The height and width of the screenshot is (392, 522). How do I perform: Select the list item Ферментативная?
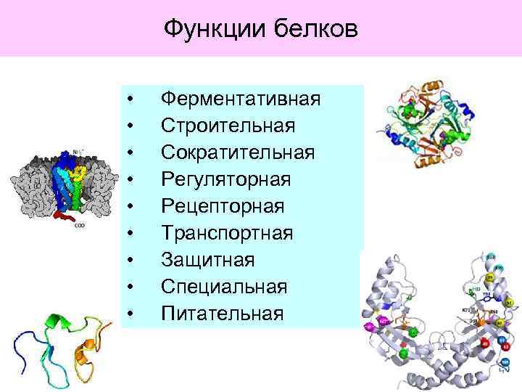coord(240,98)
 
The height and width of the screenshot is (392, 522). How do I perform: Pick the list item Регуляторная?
coord(225,179)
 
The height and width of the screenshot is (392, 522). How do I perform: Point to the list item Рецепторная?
coord(223,205)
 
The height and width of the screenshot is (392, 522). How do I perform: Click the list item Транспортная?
coord(227,232)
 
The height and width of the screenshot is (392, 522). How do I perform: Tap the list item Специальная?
coord(224,286)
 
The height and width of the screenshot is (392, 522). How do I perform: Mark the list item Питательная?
coord(221,313)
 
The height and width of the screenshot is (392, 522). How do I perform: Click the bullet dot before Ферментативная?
coord(129,99)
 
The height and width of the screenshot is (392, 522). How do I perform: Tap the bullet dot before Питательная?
coord(129,314)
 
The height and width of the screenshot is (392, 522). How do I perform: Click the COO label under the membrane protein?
coord(80,225)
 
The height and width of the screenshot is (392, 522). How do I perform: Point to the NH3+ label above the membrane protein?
coord(67,154)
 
